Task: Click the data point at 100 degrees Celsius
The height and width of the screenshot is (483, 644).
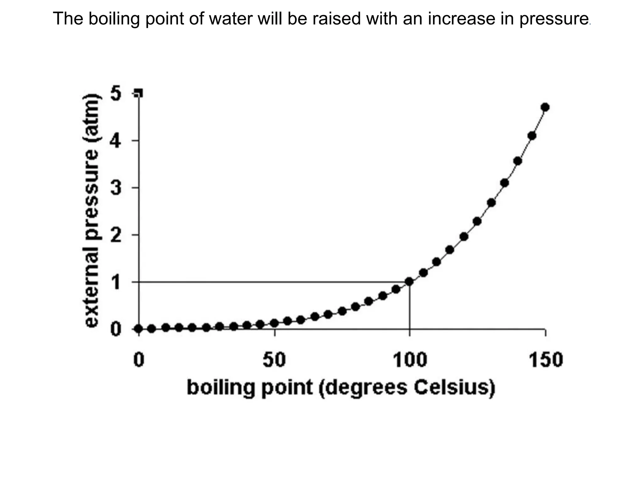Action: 409,282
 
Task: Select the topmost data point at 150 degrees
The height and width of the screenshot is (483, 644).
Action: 545,107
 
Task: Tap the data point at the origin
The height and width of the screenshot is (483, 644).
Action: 138,329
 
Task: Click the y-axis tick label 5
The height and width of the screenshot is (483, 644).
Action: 115,94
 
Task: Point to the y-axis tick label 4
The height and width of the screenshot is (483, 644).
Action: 115,141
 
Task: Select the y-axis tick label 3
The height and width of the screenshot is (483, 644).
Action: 115,188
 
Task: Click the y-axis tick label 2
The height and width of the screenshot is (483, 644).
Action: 115,235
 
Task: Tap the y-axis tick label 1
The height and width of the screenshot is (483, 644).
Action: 116,282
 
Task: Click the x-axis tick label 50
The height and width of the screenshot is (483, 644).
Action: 274,360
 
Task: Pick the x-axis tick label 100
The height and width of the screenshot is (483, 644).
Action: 410,360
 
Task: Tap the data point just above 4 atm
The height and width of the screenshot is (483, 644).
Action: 532,136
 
